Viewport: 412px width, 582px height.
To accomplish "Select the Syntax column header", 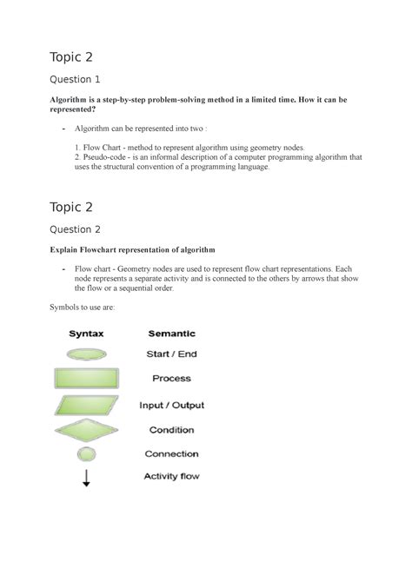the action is tap(86, 333).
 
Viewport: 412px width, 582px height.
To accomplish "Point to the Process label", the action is tap(171, 379).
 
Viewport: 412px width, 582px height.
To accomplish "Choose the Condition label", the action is tap(171, 429).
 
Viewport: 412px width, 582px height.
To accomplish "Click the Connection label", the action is tap(171, 453).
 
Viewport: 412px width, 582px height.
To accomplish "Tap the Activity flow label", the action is tap(173, 475).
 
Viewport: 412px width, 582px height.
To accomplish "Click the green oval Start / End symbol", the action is tap(86, 354).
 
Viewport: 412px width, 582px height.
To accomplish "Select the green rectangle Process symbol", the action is tap(86, 379).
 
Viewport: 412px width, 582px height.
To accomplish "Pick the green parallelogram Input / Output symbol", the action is tap(86, 405).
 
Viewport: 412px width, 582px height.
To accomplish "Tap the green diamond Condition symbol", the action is tap(86, 429).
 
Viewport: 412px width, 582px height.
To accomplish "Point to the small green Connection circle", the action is tap(86, 453).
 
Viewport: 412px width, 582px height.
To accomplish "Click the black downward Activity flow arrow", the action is tap(86, 476).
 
